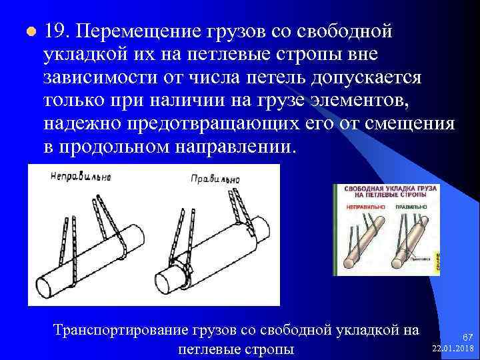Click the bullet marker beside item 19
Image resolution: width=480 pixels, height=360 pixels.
tap(29, 32)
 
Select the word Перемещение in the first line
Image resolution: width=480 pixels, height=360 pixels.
tap(139, 32)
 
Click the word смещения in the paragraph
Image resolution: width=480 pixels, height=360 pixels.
tap(413, 125)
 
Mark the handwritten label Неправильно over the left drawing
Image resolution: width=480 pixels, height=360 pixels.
tap(79, 177)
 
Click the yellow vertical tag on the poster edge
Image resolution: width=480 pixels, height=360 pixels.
tap(437, 263)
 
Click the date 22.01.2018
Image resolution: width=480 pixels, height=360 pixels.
tap(453, 349)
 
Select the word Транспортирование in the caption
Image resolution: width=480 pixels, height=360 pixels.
tap(114, 331)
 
